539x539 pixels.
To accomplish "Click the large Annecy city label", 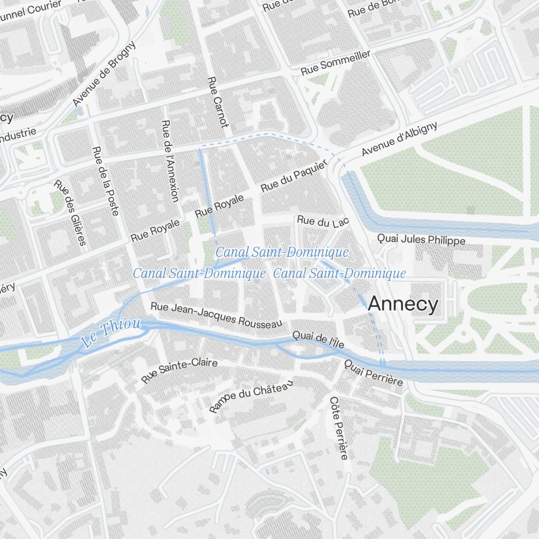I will [x=403, y=305].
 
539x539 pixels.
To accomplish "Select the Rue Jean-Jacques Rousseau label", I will [x=216, y=315].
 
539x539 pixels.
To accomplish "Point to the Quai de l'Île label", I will [x=318, y=340].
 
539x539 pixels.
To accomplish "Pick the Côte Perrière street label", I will [x=338, y=428].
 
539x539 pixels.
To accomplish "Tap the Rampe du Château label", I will [x=251, y=396].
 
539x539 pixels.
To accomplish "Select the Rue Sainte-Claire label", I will [x=179, y=371].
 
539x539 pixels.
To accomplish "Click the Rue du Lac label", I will [x=323, y=221].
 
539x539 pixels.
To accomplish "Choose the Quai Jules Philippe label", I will [x=421, y=239].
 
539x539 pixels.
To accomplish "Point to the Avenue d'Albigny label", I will [x=399, y=139].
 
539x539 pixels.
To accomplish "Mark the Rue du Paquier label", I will [x=294, y=176].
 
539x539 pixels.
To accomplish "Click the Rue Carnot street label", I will [x=218, y=102].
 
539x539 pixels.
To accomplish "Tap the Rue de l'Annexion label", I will [x=170, y=161].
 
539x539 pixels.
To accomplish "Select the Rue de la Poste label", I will [x=105, y=181].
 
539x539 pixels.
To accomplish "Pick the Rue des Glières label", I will [x=70, y=212].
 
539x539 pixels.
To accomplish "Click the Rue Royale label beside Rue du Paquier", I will [x=219, y=205].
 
